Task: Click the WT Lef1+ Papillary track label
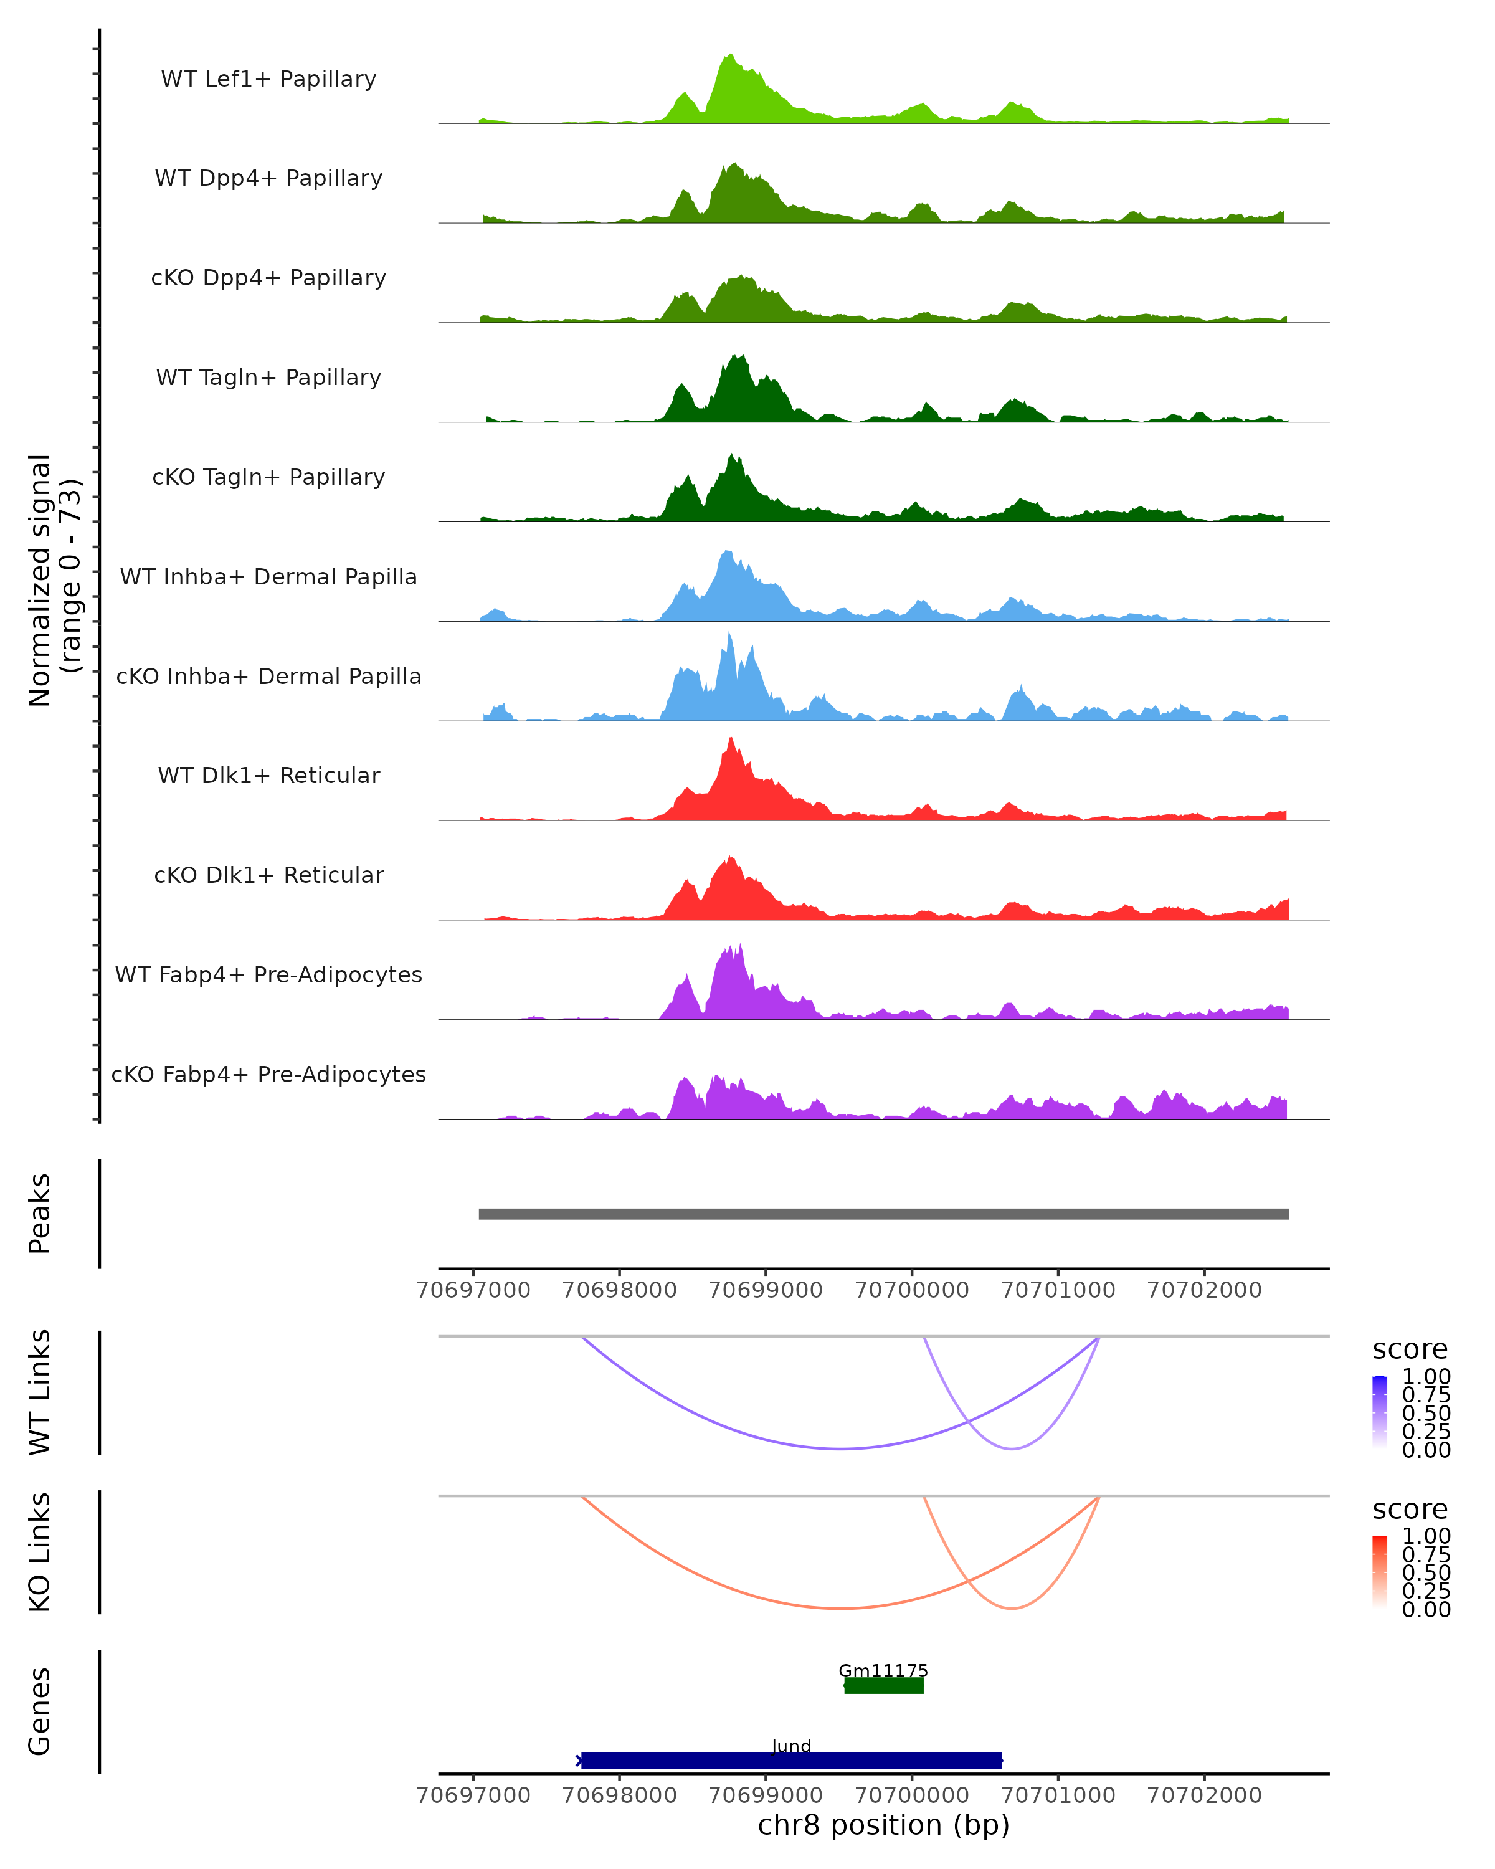click(268, 79)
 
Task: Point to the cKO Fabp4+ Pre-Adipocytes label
click(268, 1074)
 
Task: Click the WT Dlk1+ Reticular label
click(268, 775)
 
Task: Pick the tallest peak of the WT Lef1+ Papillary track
click(731, 55)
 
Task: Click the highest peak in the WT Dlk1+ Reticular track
click(731, 739)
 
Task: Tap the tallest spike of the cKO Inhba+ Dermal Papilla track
click(729, 635)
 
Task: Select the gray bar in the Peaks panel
click(883, 1214)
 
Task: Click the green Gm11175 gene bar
click(883, 1685)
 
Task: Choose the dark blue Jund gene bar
click(790, 1760)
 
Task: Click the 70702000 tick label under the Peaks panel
click(1204, 1290)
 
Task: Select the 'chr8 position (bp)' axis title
click(883, 1825)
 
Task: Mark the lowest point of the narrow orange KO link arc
click(1012, 1609)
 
